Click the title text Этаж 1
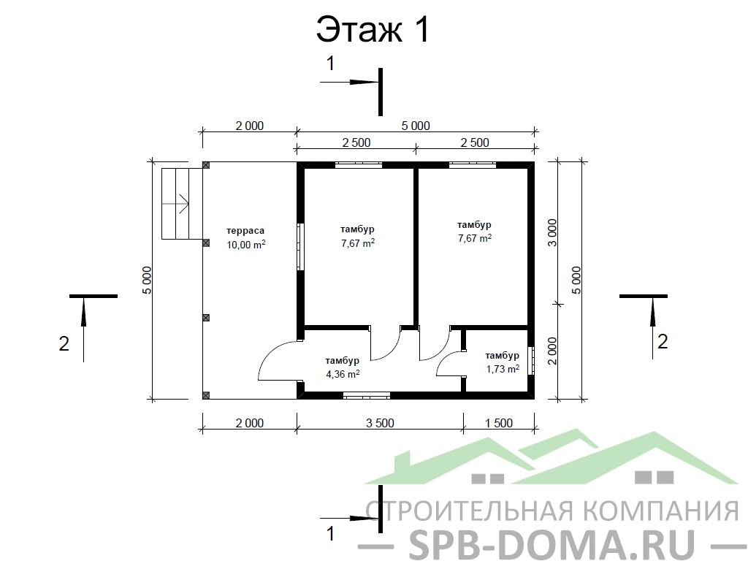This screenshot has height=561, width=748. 373,29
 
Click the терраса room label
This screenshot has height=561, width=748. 245,231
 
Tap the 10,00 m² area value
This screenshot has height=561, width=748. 245,245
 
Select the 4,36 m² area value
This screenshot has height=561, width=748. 343,374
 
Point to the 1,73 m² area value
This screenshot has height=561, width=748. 503,369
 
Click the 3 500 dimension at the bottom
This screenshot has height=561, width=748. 380,423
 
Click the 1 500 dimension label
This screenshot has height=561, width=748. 498,423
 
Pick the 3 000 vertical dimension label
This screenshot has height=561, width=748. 552,232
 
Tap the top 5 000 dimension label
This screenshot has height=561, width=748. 416,126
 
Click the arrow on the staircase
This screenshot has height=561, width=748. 175,204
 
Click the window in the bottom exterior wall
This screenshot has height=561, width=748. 367,395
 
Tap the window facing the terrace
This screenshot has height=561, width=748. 300,247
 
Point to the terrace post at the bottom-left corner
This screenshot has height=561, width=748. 206,395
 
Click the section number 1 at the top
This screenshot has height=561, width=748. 330,64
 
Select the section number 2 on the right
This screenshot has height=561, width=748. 662,342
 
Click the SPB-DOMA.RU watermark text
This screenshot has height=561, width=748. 551,543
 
